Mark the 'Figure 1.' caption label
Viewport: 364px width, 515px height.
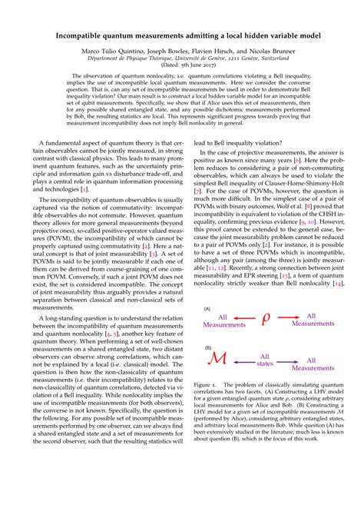click(207, 403)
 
